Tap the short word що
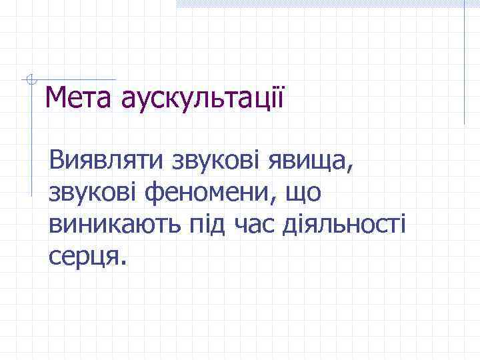(x=303, y=193)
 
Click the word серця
(x=83, y=257)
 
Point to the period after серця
(x=121, y=262)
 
